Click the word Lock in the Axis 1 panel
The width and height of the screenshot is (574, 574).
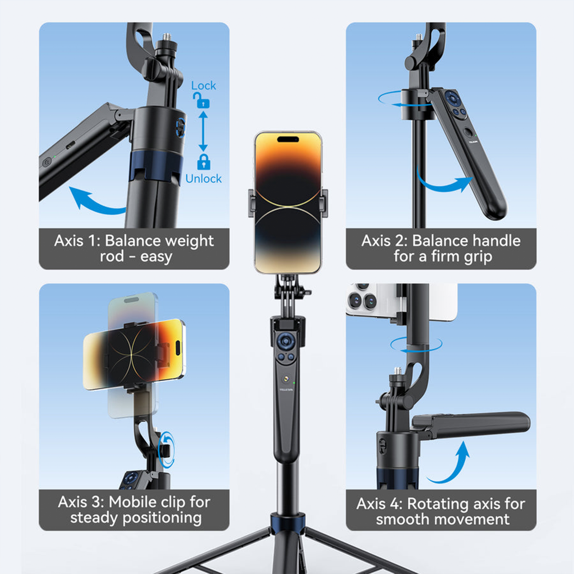(x=203, y=86)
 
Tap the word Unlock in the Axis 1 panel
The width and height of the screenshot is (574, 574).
(x=203, y=179)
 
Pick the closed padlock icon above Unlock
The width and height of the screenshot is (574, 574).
(x=204, y=162)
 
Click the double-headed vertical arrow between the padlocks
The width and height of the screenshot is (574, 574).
(x=203, y=131)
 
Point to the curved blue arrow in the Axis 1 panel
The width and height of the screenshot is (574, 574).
(x=95, y=201)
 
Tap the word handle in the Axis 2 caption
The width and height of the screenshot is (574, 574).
(x=493, y=241)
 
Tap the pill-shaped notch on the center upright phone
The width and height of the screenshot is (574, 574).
(x=288, y=139)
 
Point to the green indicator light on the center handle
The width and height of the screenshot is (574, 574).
(x=294, y=383)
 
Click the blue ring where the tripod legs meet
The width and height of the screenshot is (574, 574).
(x=287, y=523)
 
